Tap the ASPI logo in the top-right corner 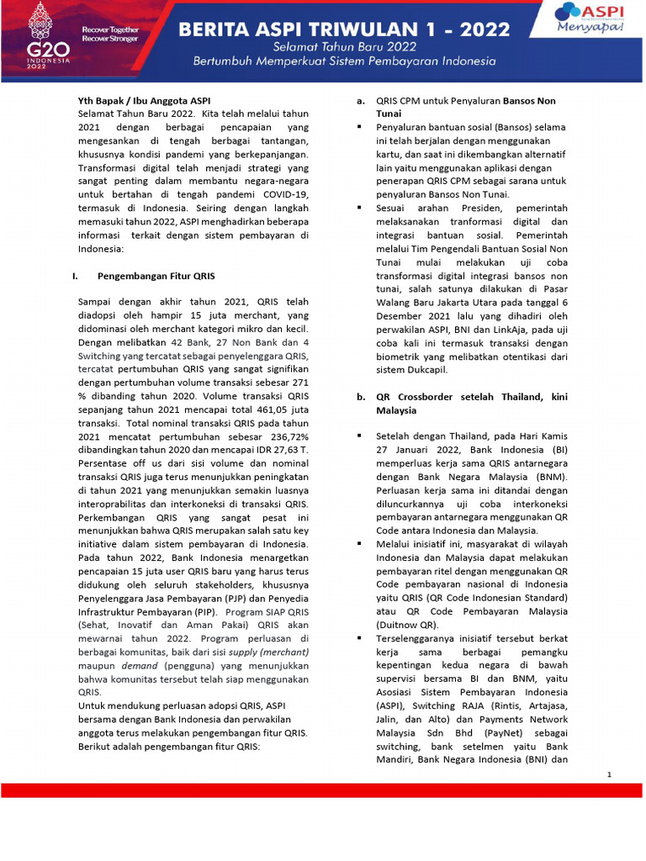(x=597, y=17)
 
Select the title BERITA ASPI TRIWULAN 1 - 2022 (x=345, y=30)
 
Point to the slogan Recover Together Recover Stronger (x=109, y=34)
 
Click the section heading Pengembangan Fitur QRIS (x=156, y=275)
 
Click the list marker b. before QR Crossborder (x=360, y=397)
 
